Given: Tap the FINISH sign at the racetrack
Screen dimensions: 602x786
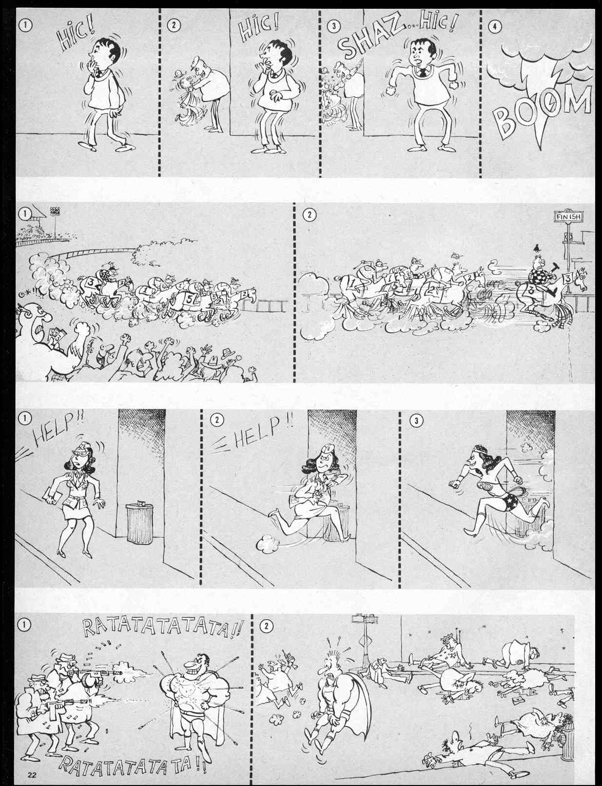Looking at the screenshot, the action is [568, 216].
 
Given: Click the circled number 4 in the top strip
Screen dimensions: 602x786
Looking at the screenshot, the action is [494, 27].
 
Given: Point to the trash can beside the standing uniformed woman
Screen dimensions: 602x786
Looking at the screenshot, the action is [139, 523].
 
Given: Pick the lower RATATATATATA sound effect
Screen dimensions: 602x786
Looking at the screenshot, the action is [132, 761].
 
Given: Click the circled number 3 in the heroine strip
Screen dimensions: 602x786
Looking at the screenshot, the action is [416, 420].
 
